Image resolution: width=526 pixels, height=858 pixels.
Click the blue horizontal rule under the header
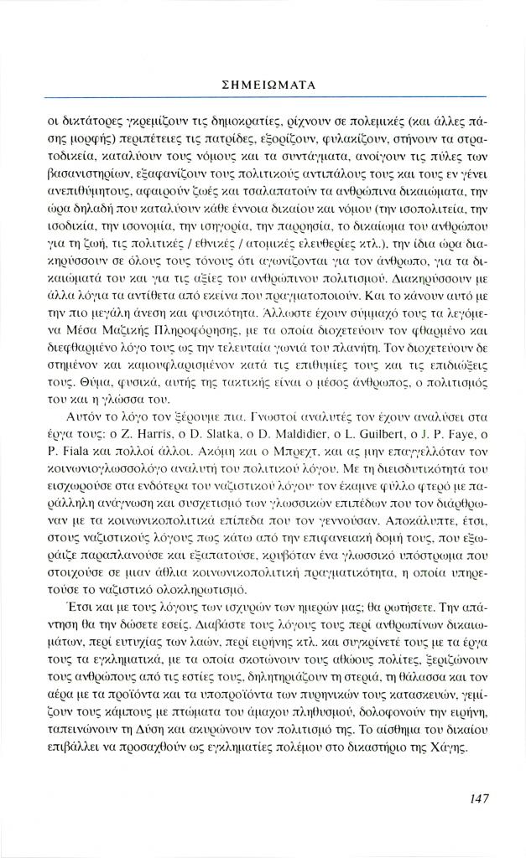pos(263,98)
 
